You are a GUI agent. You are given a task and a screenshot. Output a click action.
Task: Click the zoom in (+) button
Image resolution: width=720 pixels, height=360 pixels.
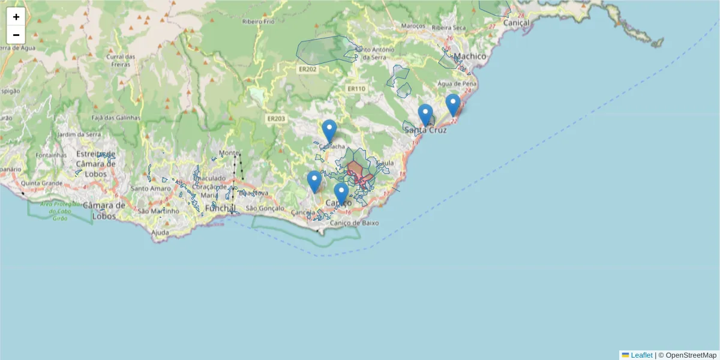pyautogui.click(x=16, y=17)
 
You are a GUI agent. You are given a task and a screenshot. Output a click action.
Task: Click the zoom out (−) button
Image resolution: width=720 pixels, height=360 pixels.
pyautogui.click(x=16, y=35)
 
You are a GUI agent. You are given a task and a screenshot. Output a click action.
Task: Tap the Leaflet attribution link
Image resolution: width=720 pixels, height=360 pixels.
pyautogui.click(x=641, y=355)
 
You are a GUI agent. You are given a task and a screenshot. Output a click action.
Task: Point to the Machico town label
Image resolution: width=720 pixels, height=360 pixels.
pyautogui.click(x=469, y=56)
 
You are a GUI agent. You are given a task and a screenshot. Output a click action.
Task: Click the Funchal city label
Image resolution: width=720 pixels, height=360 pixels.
pyautogui.click(x=220, y=208)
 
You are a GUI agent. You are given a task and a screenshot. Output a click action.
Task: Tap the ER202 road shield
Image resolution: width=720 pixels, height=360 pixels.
pyautogui.click(x=307, y=69)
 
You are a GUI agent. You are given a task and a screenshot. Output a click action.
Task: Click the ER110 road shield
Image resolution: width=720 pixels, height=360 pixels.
pyautogui.click(x=356, y=89)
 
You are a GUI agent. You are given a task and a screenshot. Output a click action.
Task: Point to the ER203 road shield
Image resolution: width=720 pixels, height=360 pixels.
pyautogui.click(x=276, y=119)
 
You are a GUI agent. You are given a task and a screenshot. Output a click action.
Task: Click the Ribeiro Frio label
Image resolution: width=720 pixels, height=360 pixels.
pyautogui.click(x=259, y=22)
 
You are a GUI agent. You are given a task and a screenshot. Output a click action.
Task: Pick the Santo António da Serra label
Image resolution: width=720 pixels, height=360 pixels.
pyautogui.click(x=374, y=53)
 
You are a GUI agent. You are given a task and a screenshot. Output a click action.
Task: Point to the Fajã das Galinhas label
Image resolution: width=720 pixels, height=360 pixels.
pyautogui.click(x=116, y=118)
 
